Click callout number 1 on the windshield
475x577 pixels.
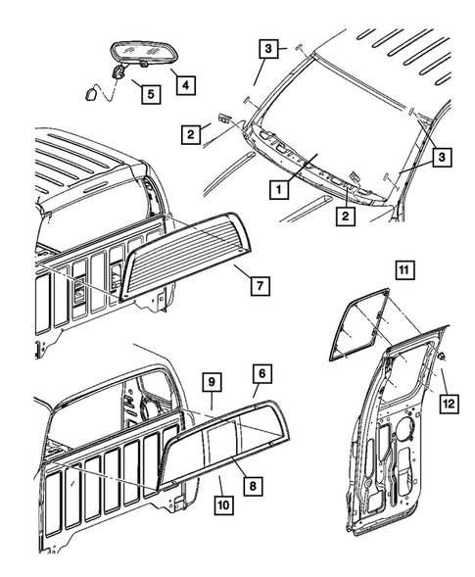click(x=280, y=188)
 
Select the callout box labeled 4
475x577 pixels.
click(x=183, y=84)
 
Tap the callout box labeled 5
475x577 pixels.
click(x=150, y=94)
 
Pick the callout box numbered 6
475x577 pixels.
click(x=261, y=372)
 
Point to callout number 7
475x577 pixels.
click(x=259, y=287)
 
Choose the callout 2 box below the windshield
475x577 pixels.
click(x=345, y=214)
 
